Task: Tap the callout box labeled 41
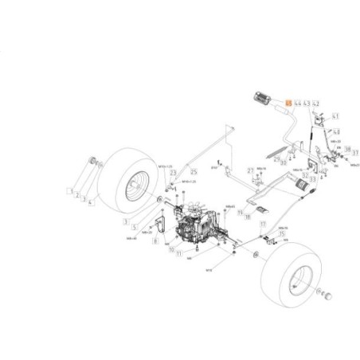tap(335, 116)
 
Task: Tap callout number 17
tap(262, 225)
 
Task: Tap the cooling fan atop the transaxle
tap(189, 213)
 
